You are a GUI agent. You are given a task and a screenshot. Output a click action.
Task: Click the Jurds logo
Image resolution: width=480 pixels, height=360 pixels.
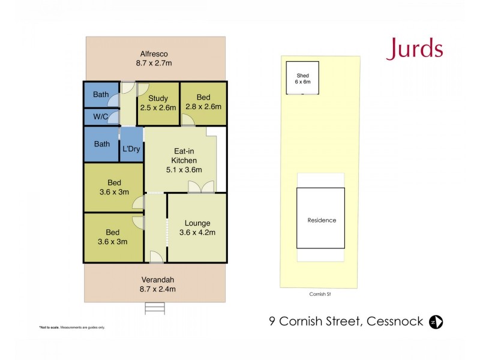[x=415, y=49]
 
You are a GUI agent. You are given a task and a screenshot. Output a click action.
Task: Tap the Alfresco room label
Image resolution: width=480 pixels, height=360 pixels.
[x=156, y=53]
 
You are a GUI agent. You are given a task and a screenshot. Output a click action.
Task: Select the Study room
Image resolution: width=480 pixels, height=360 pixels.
[x=158, y=103]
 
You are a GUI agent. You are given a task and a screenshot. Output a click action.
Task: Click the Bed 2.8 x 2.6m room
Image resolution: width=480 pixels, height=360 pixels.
[x=203, y=103]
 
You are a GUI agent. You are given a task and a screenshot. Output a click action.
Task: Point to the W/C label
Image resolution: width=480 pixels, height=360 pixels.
[x=100, y=116]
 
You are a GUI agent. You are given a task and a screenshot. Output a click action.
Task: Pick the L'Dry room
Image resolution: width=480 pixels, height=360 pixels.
[x=131, y=148]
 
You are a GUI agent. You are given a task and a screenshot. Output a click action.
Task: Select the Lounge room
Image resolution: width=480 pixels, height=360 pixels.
[x=197, y=227]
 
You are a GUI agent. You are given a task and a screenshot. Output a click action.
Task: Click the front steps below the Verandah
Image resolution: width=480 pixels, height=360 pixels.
[x=154, y=308]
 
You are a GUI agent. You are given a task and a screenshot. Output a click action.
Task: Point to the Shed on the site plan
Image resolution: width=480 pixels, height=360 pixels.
[x=302, y=78]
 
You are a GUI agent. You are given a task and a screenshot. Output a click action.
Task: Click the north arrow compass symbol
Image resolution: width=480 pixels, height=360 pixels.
[x=437, y=322]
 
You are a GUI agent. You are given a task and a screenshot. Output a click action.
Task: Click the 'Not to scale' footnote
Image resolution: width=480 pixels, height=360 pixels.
[x=72, y=327]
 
